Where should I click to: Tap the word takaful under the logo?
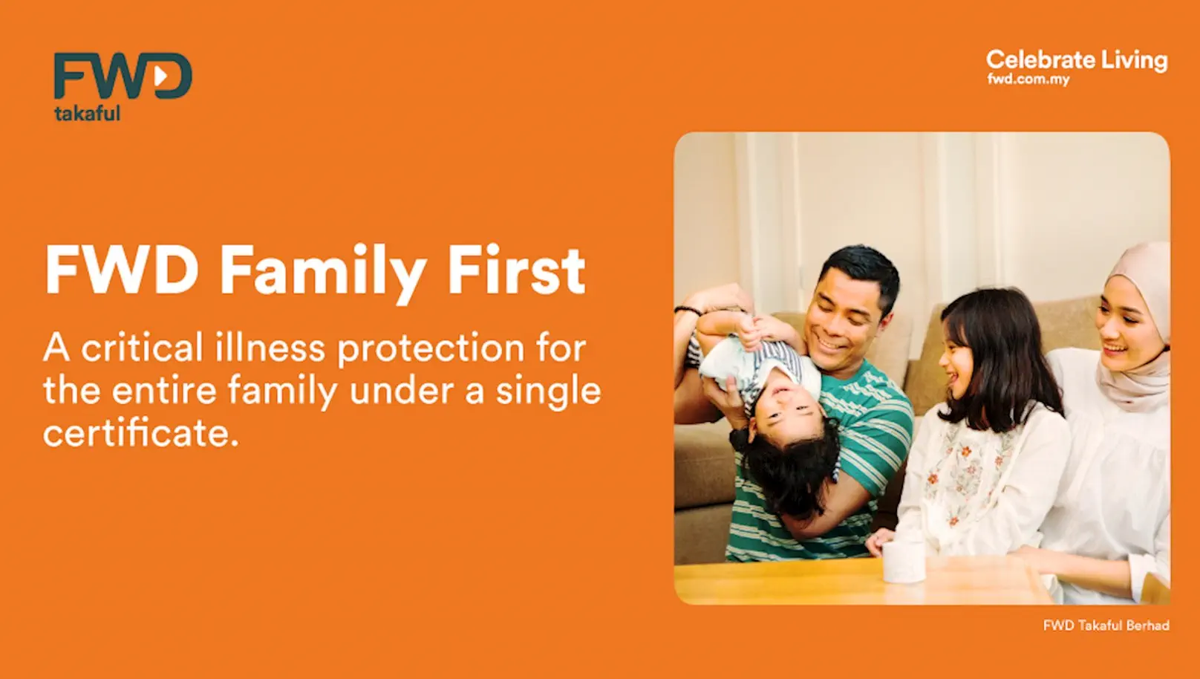[x=87, y=114]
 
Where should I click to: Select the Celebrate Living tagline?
[x=1076, y=59]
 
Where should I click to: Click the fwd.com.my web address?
[x=1028, y=79]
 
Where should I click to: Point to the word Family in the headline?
[x=323, y=271]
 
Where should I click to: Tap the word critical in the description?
[x=141, y=348]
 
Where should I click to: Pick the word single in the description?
[x=548, y=392]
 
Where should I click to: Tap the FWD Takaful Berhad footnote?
[x=1106, y=626]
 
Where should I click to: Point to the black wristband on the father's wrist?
[x=687, y=311]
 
